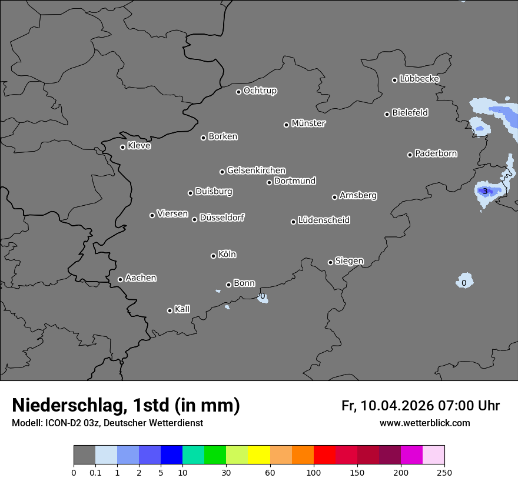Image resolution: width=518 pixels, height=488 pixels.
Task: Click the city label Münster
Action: pyautogui.click(x=308, y=123)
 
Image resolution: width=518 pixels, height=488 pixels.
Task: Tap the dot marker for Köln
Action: pyautogui.click(x=213, y=256)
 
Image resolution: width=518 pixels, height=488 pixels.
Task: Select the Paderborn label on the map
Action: pyautogui.click(x=436, y=153)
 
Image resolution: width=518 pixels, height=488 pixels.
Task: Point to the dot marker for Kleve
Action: pyautogui.click(x=122, y=147)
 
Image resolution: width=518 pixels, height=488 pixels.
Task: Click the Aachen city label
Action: pyautogui.click(x=141, y=278)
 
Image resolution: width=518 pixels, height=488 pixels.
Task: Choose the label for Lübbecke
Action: pyautogui.click(x=419, y=79)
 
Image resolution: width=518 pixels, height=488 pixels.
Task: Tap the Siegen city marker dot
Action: pyautogui.click(x=330, y=262)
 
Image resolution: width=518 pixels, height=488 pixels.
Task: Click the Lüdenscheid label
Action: pyautogui.click(x=324, y=220)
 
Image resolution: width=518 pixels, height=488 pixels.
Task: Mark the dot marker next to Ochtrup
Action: pyautogui.click(x=238, y=92)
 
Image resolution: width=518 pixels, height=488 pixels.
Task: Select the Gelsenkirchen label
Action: pyautogui.click(x=256, y=171)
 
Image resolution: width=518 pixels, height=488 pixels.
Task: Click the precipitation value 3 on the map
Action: pyautogui.click(x=485, y=191)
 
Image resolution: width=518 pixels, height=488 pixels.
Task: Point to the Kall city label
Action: pyautogui.click(x=182, y=309)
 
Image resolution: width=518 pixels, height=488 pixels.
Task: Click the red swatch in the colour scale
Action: pyautogui.click(x=324, y=455)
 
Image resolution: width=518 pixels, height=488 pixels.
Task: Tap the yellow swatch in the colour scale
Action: pyautogui.click(x=259, y=455)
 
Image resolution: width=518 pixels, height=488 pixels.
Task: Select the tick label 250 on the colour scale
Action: pyautogui.click(x=444, y=472)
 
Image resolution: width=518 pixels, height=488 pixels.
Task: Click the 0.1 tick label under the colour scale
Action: pyautogui.click(x=95, y=472)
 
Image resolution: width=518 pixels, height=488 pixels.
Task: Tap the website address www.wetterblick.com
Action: pyautogui.click(x=424, y=423)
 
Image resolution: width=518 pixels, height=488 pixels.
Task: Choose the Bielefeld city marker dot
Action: pyautogui.click(x=387, y=114)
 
